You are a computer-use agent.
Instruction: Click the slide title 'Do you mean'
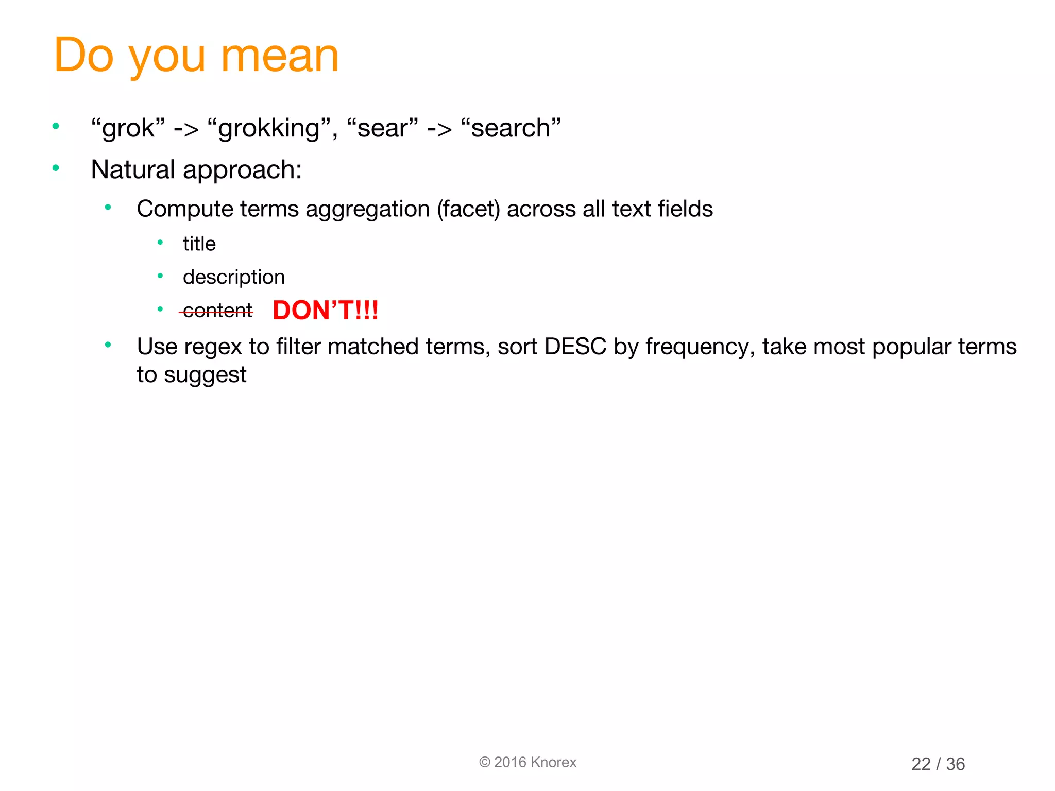pyautogui.click(x=196, y=56)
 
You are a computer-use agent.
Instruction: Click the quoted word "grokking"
pyautogui.click(x=268, y=128)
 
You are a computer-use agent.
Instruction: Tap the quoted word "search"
pyautogui.click(x=511, y=128)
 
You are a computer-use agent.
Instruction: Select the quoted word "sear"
pyautogui.click(x=382, y=128)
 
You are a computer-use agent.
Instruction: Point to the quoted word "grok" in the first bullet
pyautogui.click(x=128, y=128)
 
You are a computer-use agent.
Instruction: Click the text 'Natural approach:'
pyautogui.click(x=196, y=169)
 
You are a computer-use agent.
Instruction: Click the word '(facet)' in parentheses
pyautogui.click(x=468, y=209)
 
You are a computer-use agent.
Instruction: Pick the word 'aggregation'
pyautogui.click(x=367, y=209)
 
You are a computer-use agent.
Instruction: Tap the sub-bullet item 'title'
pyautogui.click(x=199, y=244)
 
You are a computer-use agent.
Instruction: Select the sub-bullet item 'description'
pyautogui.click(x=233, y=277)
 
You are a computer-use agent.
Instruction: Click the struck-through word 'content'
pyautogui.click(x=217, y=311)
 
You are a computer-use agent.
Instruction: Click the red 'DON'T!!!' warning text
pyautogui.click(x=326, y=311)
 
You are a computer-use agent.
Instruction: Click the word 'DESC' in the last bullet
pyautogui.click(x=575, y=347)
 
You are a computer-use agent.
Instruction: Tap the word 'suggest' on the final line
pyautogui.click(x=205, y=375)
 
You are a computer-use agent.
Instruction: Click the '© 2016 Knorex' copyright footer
pyautogui.click(x=527, y=762)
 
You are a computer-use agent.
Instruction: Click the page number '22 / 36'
pyautogui.click(x=938, y=764)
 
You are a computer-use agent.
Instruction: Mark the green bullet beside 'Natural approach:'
pyautogui.click(x=56, y=168)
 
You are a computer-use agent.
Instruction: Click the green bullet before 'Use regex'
pyautogui.click(x=108, y=345)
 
